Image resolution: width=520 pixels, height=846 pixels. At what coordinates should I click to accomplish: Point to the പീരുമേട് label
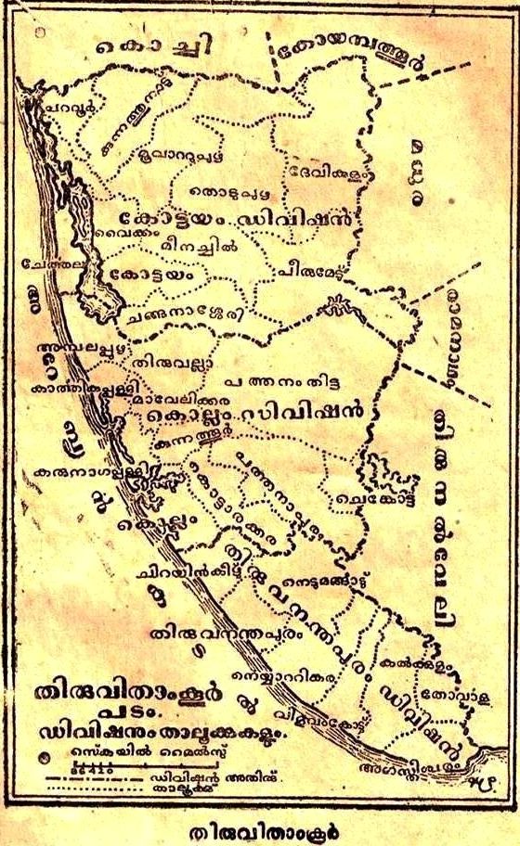307,271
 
